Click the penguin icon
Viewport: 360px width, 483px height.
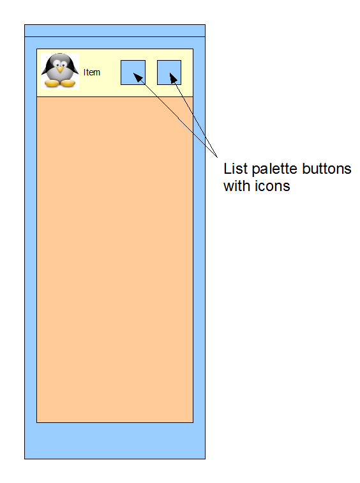point(60,71)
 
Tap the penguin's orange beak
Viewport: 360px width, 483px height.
point(60,70)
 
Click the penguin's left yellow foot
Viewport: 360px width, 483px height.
point(52,83)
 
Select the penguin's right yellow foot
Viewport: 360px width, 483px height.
point(68,83)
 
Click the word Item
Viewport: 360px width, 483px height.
point(92,72)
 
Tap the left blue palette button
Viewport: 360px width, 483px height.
point(133,72)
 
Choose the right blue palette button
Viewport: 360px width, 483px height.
point(169,72)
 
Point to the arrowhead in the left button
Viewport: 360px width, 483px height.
point(139,78)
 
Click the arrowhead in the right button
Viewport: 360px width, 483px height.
point(174,79)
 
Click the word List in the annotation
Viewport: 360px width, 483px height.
point(236,169)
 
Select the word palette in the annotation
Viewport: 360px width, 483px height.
point(274,169)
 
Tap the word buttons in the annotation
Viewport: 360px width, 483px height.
point(327,169)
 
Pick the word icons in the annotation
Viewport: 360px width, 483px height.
point(273,186)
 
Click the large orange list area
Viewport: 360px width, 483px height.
point(115,259)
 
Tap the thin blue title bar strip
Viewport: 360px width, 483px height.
point(115,31)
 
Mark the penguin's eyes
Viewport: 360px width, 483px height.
point(60,64)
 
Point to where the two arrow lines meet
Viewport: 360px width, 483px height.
point(217,157)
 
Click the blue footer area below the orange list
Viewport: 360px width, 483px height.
point(115,441)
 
